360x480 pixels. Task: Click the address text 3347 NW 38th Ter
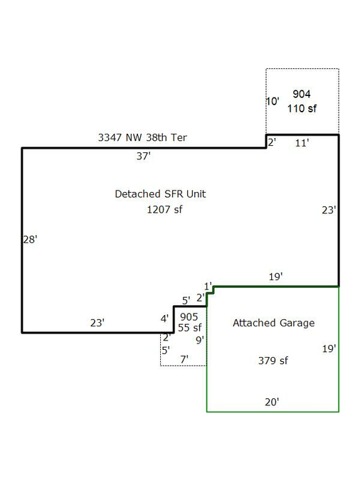(x=142, y=137)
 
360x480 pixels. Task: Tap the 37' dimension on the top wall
(x=144, y=156)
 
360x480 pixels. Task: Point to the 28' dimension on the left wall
(x=31, y=240)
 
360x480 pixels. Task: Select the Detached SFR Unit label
(x=160, y=193)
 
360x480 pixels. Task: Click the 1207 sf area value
(x=164, y=210)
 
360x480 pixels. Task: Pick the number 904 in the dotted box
(x=302, y=94)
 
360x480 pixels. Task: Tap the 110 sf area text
(x=302, y=108)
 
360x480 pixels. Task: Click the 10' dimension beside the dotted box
(x=272, y=101)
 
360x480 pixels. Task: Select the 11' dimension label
(x=302, y=143)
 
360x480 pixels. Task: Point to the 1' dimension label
(x=208, y=287)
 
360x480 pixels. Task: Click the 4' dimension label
(x=164, y=319)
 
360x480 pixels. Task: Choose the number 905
(x=189, y=317)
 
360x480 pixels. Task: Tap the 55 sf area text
(x=190, y=328)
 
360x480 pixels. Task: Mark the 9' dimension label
(x=200, y=340)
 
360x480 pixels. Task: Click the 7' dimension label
(x=184, y=359)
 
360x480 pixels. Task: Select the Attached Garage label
(x=274, y=323)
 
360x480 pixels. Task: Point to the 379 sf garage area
(x=273, y=361)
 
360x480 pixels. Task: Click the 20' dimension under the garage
(x=272, y=402)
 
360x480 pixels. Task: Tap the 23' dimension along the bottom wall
(x=97, y=323)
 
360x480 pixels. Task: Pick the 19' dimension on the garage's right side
(x=329, y=348)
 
